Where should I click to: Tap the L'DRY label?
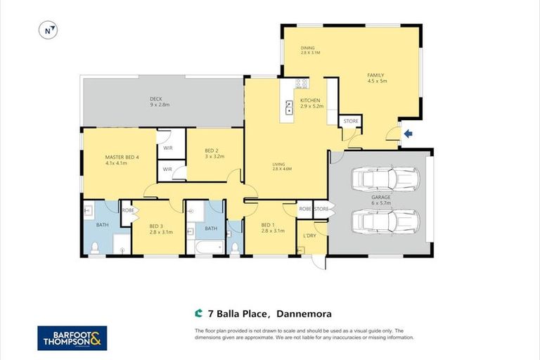tap(310, 235)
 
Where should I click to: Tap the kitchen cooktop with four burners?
tap(302, 84)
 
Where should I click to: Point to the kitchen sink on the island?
tap(289, 108)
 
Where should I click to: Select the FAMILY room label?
tap(377, 77)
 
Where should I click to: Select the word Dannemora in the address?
tap(304, 314)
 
